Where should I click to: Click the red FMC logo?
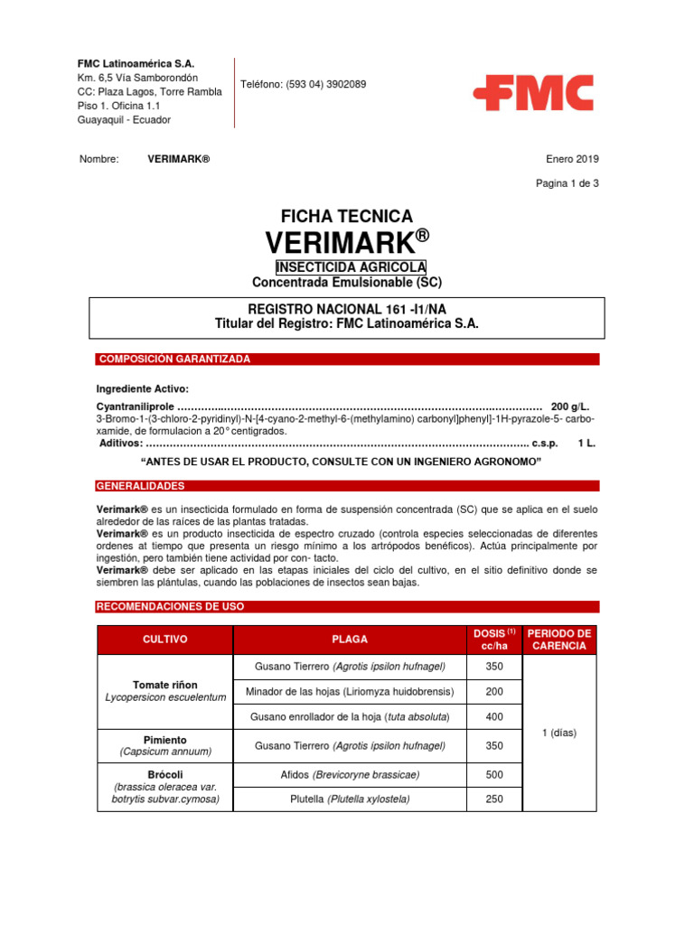click(x=533, y=93)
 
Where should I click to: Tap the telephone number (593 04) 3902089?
click(x=303, y=84)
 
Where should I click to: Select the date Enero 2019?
click(x=571, y=159)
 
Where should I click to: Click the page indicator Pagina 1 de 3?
click(x=567, y=183)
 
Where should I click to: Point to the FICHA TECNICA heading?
click(x=347, y=217)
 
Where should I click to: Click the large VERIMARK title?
click(x=347, y=242)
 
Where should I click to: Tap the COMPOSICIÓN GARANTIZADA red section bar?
click(x=347, y=360)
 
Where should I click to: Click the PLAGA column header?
click(x=350, y=640)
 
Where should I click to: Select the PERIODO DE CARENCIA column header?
click(x=559, y=640)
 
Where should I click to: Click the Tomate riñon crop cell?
click(x=165, y=691)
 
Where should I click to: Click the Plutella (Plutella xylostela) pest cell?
click(x=350, y=799)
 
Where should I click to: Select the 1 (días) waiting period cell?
click(x=559, y=733)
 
